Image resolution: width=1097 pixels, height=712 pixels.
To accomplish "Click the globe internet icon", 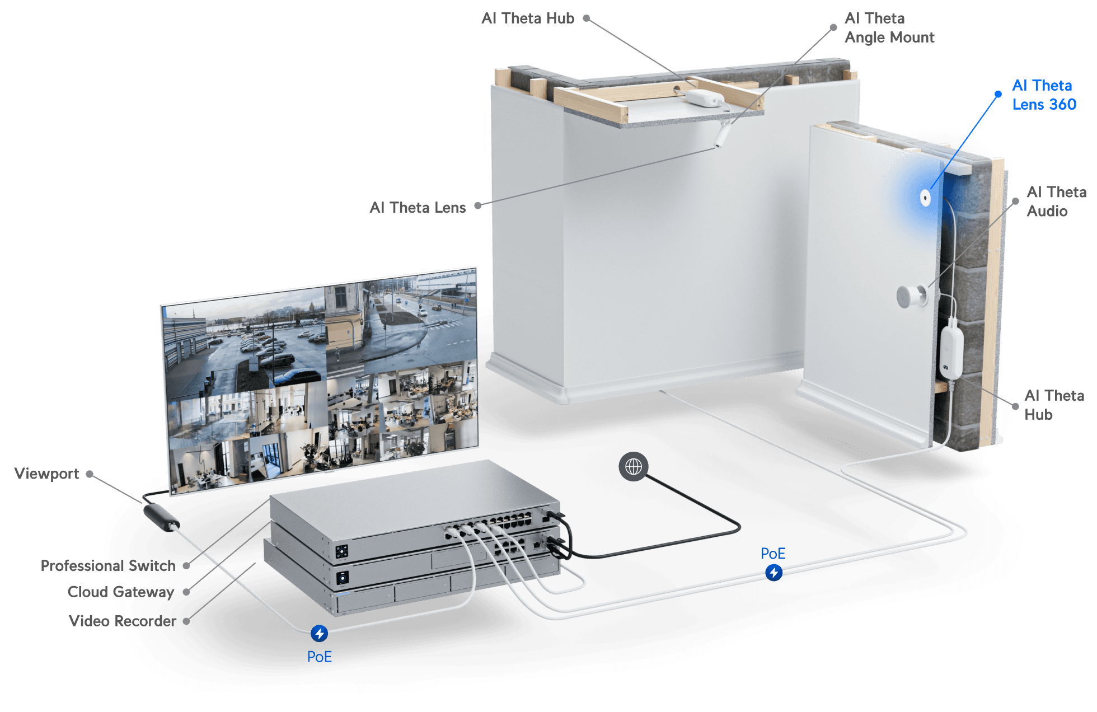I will pyautogui.click(x=634, y=466).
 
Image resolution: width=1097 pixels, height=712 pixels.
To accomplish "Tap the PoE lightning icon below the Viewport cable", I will pyautogui.click(x=319, y=633).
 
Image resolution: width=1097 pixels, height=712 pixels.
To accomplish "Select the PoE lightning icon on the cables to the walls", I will pyautogui.click(x=773, y=572).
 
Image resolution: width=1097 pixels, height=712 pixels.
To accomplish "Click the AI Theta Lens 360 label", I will pyautogui.click(x=1044, y=95).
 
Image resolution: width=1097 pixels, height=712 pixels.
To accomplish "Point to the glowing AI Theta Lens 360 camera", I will pyautogui.click(x=925, y=197).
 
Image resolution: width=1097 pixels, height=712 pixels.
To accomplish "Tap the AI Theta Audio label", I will pyautogui.click(x=1056, y=202).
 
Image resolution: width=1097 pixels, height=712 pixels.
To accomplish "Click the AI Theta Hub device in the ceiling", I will pyautogui.click(x=704, y=98).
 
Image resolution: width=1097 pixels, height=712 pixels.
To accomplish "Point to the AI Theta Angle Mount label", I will pyautogui.click(x=889, y=28).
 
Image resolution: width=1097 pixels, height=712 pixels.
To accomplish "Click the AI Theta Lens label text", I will pyautogui.click(x=418, y=208).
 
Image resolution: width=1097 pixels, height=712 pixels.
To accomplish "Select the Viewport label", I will pyautogui.click(x=46, y=474).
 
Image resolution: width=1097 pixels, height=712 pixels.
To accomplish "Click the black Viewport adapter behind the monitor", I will pyautogui.click(x=161, y=516).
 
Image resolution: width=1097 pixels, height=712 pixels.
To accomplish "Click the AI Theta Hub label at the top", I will pyautogui.click(x=527, y=18).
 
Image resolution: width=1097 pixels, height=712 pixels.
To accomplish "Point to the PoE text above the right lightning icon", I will pyautogui.click(x=773, y=554).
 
